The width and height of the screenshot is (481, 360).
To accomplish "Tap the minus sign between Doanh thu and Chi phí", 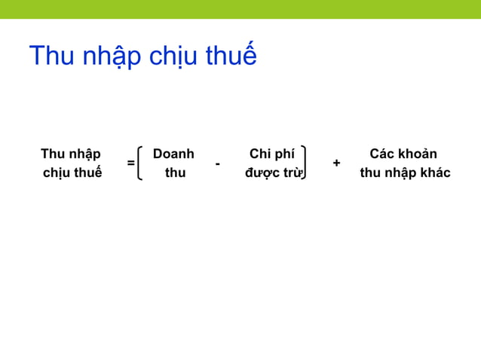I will (217, 163).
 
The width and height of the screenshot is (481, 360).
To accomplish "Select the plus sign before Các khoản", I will (336, 163).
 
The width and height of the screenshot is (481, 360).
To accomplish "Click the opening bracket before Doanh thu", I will (142, 163).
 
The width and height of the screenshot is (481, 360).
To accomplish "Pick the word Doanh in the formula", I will (173, 154).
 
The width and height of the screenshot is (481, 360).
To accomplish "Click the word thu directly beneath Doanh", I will (175, 173).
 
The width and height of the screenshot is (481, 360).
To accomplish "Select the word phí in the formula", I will (283, 155).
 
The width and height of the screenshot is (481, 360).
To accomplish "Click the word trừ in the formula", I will (293, 173).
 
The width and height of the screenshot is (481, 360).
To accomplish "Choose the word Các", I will (381, 154).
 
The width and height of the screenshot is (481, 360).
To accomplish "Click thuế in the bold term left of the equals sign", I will (88, 173).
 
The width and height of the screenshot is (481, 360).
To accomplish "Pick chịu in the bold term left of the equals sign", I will (57, 174).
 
